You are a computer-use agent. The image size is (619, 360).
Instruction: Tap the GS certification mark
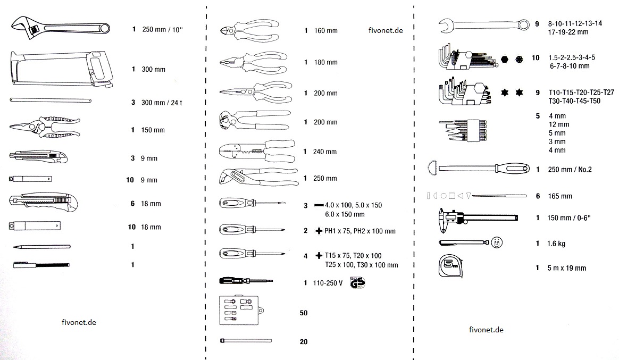357,282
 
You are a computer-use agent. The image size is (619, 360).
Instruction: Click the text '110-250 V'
328,282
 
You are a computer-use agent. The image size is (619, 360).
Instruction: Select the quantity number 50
304,313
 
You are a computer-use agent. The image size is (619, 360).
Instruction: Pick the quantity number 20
304,342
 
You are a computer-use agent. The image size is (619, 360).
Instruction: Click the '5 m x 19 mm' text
566,268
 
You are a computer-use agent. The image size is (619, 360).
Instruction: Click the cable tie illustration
245,340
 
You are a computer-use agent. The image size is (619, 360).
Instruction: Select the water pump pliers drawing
255,177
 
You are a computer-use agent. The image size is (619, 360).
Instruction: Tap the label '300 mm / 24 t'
162,102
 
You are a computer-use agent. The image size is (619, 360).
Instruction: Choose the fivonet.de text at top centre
385,30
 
